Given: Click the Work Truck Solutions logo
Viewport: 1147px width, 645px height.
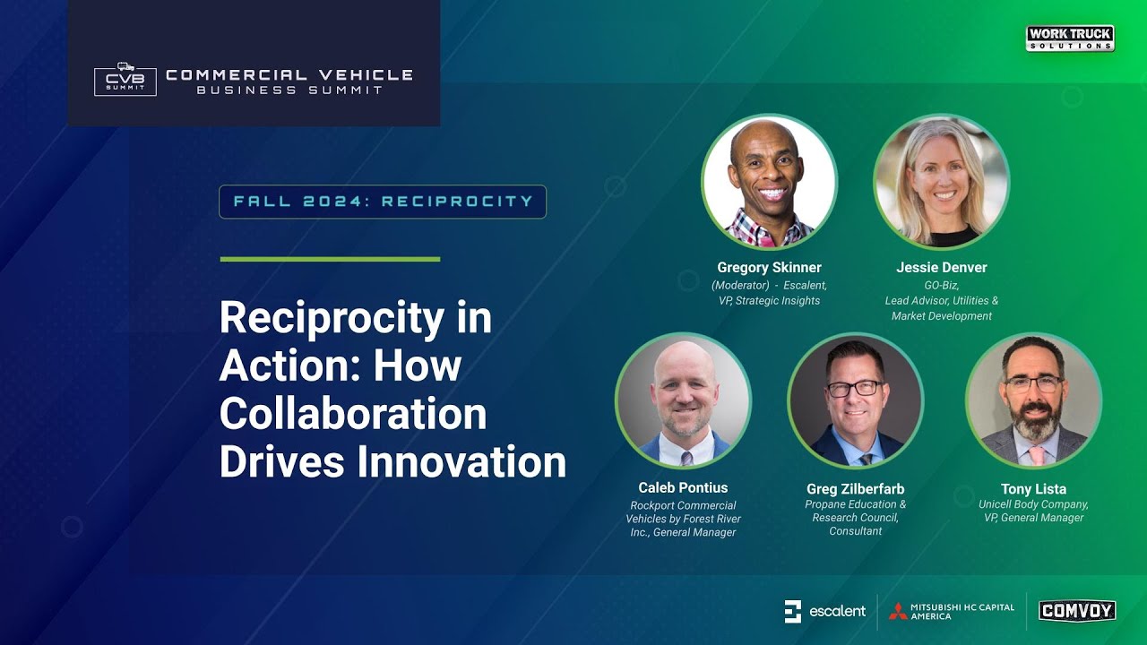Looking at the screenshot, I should [1070, 39].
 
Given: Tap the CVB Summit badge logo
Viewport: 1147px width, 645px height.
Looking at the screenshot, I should [125, 80].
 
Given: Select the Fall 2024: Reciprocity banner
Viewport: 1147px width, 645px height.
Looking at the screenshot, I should [383, 202].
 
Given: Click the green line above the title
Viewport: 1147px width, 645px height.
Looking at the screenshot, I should [330, 260].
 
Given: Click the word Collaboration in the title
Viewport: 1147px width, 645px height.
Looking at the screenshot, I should [353, 414].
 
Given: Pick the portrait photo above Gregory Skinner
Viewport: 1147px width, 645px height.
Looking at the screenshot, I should [769, 182].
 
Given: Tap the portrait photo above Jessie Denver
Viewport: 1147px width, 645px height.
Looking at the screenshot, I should [941, 182].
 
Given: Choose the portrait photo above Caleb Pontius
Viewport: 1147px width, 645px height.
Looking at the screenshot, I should [683, 400].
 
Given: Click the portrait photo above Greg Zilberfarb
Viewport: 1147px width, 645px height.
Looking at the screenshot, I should [855, 400].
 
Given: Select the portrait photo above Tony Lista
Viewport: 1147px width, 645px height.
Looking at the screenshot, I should [1033, 400].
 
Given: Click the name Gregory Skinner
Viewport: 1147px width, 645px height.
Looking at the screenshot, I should [769, 268].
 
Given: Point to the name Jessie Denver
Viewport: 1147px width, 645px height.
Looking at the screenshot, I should [941, 268].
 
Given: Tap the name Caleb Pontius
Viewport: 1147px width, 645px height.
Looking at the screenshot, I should [683, 488].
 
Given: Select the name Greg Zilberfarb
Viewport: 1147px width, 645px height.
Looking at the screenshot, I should [855, 489].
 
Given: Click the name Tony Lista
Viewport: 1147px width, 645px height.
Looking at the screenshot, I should [1033, 489].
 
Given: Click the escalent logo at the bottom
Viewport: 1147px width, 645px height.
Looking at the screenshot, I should [824, 611].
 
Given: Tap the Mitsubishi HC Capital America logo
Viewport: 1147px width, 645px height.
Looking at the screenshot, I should [952, 611].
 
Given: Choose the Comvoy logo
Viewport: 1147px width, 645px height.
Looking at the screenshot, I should [1076, 611].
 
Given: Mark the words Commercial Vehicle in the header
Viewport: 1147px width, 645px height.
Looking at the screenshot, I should [289, 75].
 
